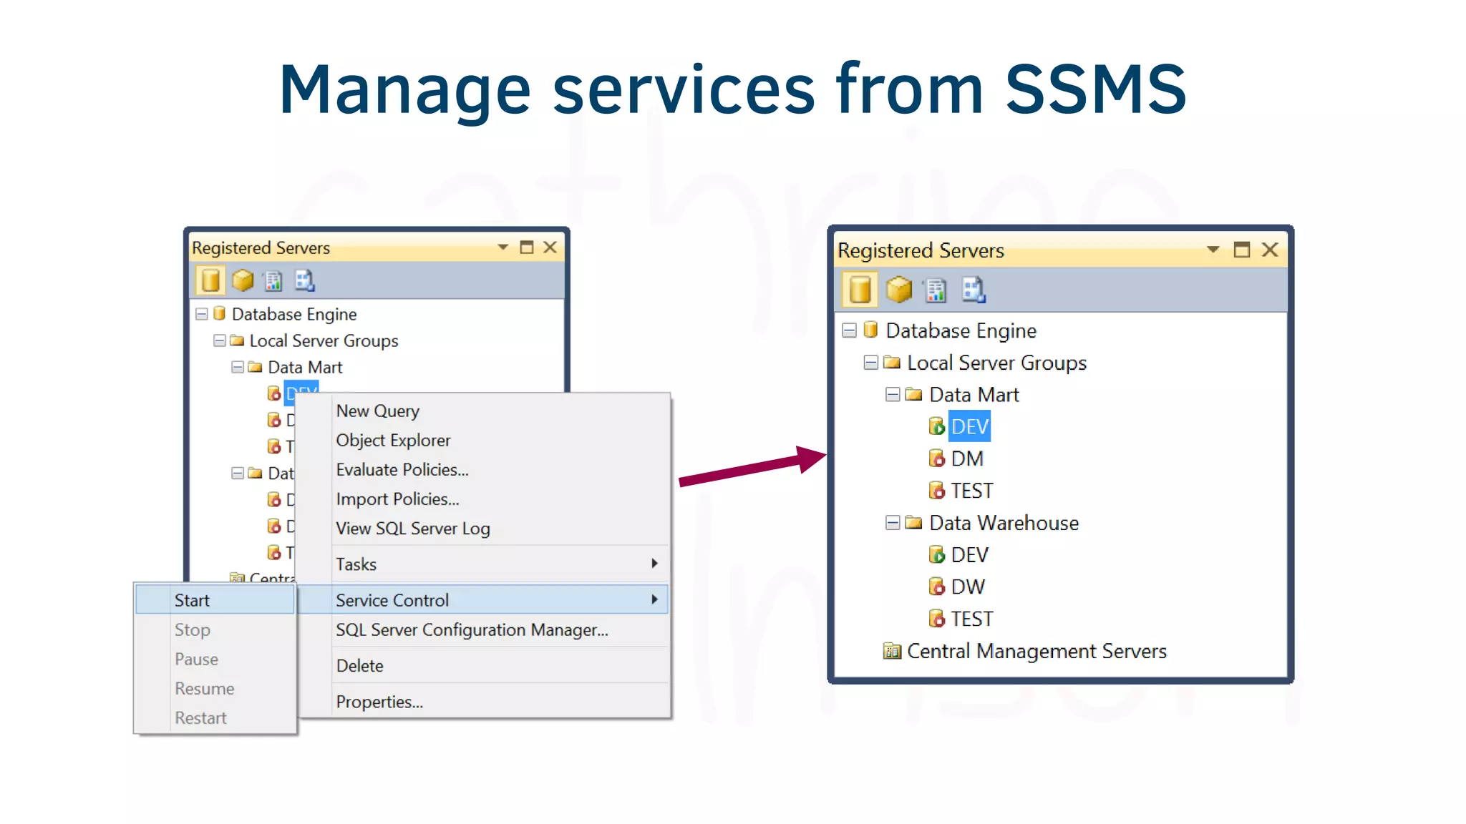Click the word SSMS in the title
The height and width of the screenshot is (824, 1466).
(x=1095, y=89)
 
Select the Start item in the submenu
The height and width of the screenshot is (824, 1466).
(x=192, y=600)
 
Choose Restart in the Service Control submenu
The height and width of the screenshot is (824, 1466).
(x=200, y=718)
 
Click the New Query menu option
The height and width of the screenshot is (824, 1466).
(x=377, y=411)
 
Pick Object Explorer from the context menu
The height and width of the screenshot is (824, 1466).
(x=393, y=441)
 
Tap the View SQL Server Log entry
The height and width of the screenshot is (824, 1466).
(x=412, y=529)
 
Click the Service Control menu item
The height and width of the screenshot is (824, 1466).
(x=392, y=600)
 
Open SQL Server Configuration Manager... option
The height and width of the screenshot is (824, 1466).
(x=472, y=630)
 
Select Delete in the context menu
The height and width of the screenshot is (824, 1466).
(x=359, y=666)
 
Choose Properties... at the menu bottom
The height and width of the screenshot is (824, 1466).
(x=379, y=702)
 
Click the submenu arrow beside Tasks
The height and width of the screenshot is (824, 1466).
(x=654, y=564)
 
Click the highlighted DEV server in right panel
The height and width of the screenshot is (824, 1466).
(x=969, y=427)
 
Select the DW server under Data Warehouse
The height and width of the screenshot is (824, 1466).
(x=967, y=587)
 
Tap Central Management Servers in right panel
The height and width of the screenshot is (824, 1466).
(x=1036, y=652)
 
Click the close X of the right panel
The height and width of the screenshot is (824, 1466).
(x=1270, y=250)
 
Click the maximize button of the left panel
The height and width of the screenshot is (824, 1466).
(x=527, y=247)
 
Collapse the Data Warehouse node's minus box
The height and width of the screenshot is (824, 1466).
(x=893, y=523)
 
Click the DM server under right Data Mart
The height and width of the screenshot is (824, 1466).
(x=966, y=459)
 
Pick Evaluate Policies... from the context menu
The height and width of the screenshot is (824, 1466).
(x=402, y=470)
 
